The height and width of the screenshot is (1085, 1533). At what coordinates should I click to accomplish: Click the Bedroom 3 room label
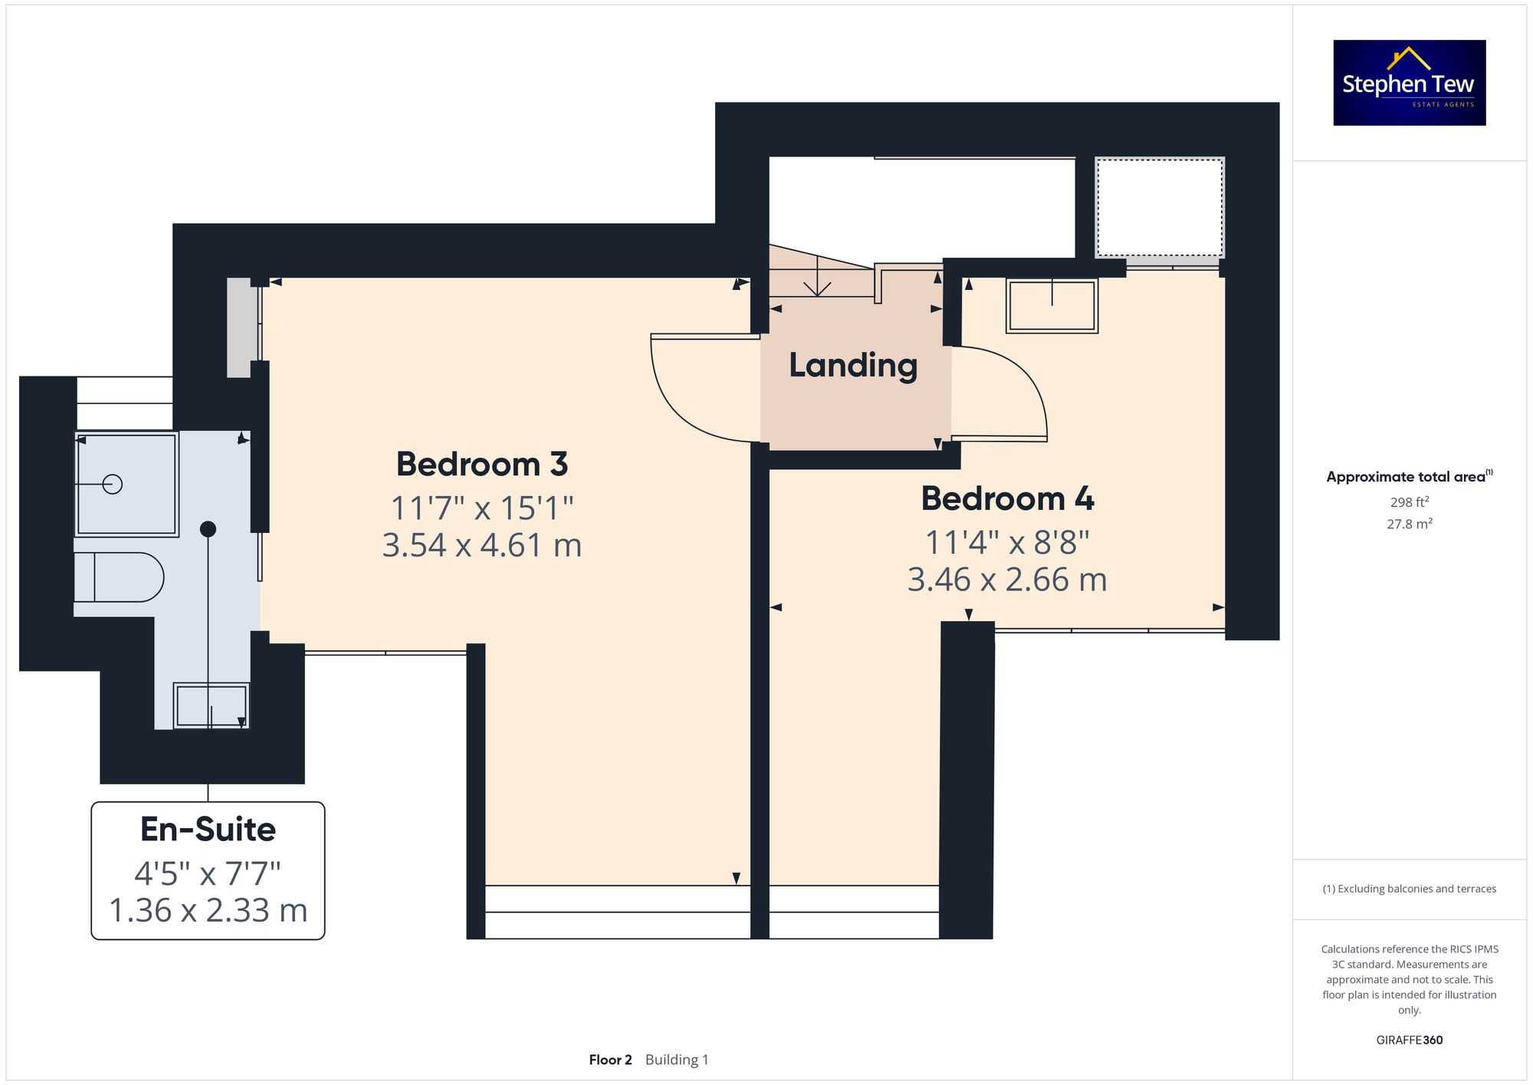481,465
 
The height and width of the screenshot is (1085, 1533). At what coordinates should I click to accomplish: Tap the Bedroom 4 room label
1007,499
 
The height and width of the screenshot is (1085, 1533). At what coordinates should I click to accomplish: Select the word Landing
853,366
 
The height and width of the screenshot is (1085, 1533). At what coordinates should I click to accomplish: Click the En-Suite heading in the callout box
208,830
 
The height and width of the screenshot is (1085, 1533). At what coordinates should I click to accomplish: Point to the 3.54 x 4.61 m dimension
481,546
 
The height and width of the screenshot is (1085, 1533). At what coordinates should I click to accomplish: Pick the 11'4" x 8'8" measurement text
1007,543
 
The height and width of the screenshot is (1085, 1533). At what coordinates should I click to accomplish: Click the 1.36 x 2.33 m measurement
208,911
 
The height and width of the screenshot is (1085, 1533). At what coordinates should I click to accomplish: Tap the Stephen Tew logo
1409,83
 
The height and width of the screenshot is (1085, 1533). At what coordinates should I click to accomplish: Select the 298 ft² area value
1409,502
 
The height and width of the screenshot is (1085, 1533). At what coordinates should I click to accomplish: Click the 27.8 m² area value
1409,524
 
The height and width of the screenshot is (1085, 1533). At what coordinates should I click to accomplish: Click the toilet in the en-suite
119,577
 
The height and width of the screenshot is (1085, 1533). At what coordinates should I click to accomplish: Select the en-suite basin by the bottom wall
211,705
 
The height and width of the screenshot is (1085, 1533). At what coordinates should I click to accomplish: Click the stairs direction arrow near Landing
817,284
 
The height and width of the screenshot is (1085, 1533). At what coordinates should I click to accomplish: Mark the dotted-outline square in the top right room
1159,208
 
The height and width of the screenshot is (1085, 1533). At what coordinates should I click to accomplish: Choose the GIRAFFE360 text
1409,1041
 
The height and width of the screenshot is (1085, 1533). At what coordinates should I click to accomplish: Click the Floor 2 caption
610,1060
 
